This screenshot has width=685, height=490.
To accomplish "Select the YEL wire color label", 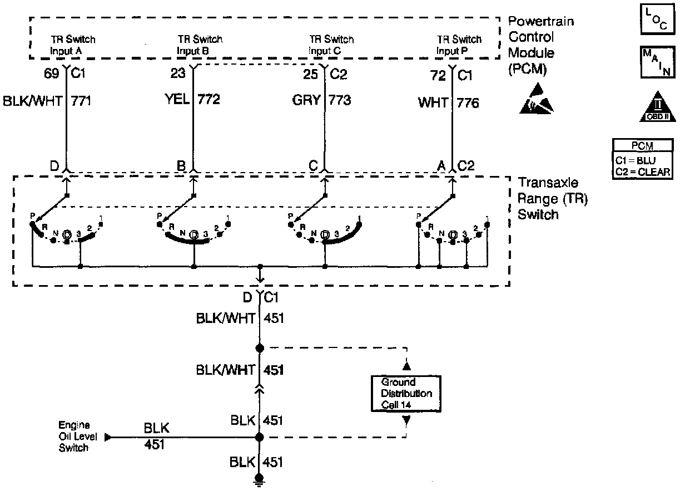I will tap(176, 100).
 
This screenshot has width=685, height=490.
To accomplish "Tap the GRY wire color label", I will tap(307, 100).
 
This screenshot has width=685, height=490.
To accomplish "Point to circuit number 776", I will tap(468, 103).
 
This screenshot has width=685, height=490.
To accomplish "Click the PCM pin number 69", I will tap(51, 73).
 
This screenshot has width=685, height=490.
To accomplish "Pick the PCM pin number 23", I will tap(177, 73).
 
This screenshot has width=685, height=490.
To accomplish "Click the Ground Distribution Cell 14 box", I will tap(406, 393).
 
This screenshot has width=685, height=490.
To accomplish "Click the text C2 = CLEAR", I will tap(643, 172).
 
